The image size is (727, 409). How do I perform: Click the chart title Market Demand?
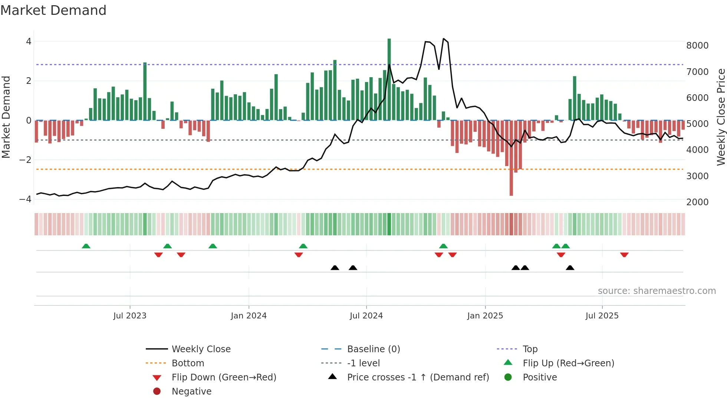53,10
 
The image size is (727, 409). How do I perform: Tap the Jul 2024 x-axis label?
366,316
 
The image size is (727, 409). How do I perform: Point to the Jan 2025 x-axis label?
485,316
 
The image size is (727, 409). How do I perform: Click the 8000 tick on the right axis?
697,46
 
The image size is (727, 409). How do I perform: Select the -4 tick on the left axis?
26,199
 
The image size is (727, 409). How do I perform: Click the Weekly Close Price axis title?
721,117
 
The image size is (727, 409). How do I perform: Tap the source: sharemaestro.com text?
657,291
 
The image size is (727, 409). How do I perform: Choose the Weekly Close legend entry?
201,349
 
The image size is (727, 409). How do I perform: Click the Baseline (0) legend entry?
373,349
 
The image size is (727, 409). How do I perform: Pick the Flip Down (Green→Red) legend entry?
224,377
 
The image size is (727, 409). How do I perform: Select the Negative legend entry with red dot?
191,392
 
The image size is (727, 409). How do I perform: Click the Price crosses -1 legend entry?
418,377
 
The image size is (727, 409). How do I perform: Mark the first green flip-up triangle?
86,246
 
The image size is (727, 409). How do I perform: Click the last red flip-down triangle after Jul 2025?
624,255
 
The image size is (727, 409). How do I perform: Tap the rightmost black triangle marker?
570,268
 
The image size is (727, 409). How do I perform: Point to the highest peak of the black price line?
444,39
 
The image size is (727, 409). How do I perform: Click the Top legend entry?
530,349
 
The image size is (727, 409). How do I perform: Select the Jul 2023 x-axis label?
130,316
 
